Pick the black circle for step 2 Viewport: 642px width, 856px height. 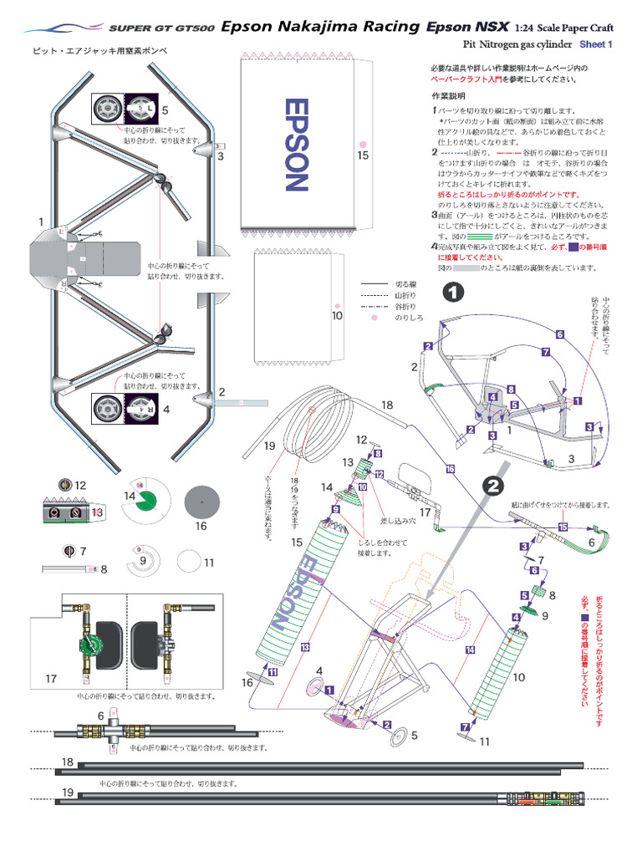click(493, 484)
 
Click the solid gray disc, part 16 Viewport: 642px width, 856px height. click(201, 502)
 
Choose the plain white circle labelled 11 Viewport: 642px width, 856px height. click(190, 562)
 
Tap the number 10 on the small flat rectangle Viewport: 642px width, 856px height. click(337, 316)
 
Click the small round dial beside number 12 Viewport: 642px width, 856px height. click(64, 485)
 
